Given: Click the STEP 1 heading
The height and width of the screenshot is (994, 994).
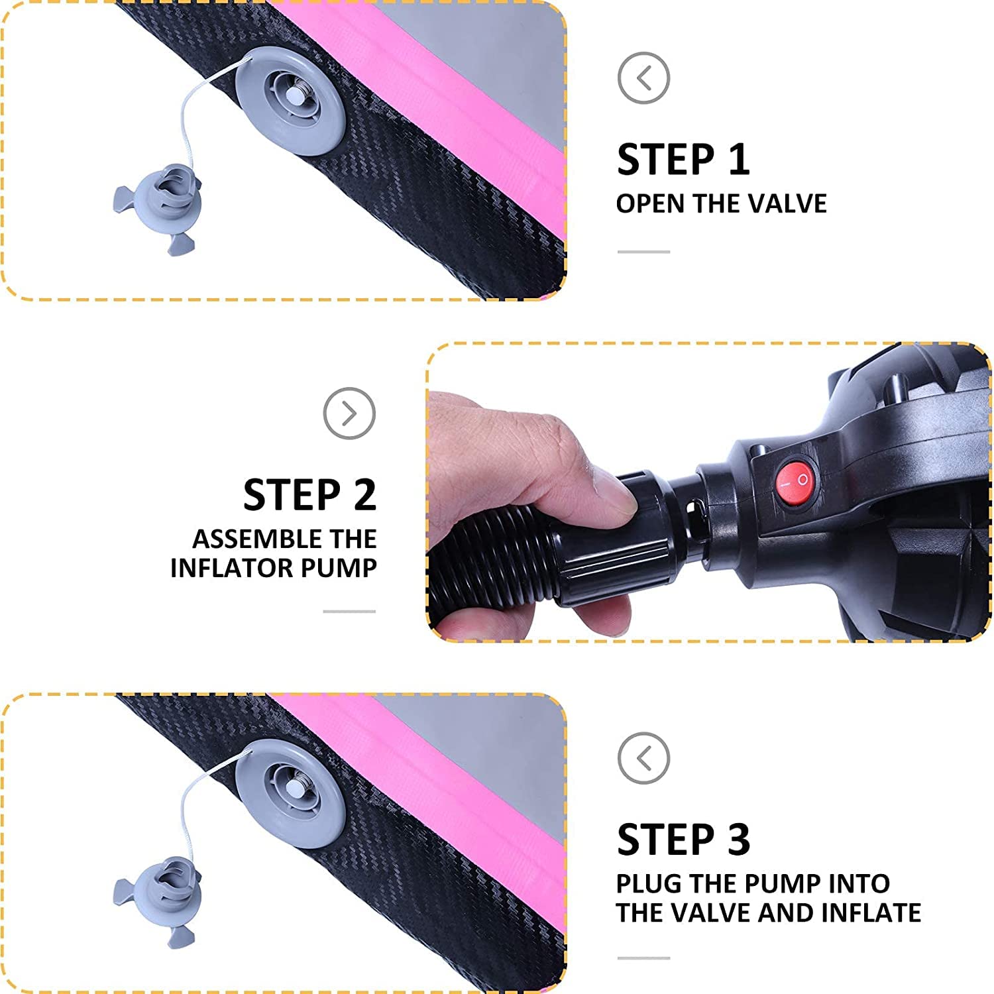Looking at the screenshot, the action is tap(683, 160).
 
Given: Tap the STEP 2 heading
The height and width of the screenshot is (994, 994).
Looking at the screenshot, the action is tap(309, 495).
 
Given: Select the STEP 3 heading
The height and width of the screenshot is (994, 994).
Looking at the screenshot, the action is tap(683, 840).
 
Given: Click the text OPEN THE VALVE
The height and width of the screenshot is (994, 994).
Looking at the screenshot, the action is tap(721, 203).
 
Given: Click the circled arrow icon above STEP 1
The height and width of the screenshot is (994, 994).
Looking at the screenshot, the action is tap(643, 78).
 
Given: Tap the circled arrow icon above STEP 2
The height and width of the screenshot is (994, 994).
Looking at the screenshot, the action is tap(349, 414).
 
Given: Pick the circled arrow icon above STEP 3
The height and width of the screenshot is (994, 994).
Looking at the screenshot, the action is tap(643, 758).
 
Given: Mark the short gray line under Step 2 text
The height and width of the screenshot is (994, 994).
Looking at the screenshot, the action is tap(349, 612).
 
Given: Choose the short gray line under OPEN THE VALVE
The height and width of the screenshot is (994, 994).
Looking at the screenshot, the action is tap(643, 252).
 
